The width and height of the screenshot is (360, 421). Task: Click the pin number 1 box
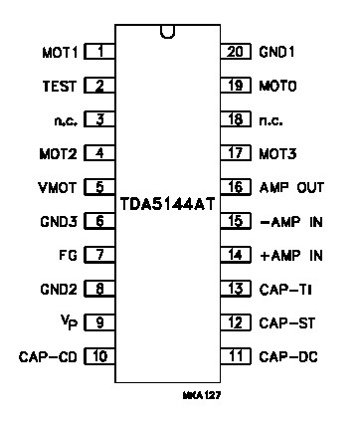click(x=100, y=51)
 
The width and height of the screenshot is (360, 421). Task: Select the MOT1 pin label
click(x=59, y=51)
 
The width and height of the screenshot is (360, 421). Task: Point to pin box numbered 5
click(x=100, y=186)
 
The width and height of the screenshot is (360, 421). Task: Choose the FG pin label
click(x=69, y=255)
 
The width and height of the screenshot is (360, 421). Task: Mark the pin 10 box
click(x=100, y=355)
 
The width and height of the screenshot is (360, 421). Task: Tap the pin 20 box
click(x=236, y=51)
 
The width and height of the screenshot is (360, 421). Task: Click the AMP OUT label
click(x=290, y=186)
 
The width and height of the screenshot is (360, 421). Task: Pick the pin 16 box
click(x=236, y=186)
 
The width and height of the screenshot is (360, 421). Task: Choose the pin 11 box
click(x=236, y=355)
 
